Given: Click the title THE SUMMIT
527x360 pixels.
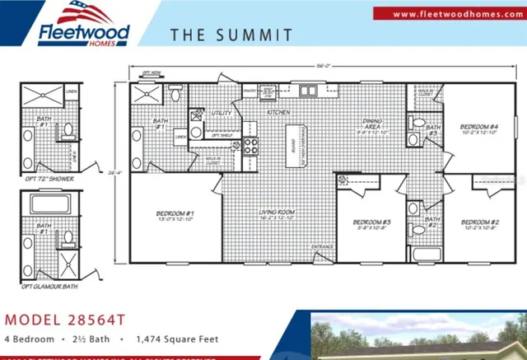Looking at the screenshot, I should [x=231, y=35].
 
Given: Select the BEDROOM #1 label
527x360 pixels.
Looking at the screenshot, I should [x=174, y=217].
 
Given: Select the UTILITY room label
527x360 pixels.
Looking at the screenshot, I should [x=220, y=111].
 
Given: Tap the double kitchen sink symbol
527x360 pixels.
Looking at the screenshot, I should [x=309, y=91].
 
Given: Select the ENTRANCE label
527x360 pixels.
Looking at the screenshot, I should [x=321, y=246].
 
